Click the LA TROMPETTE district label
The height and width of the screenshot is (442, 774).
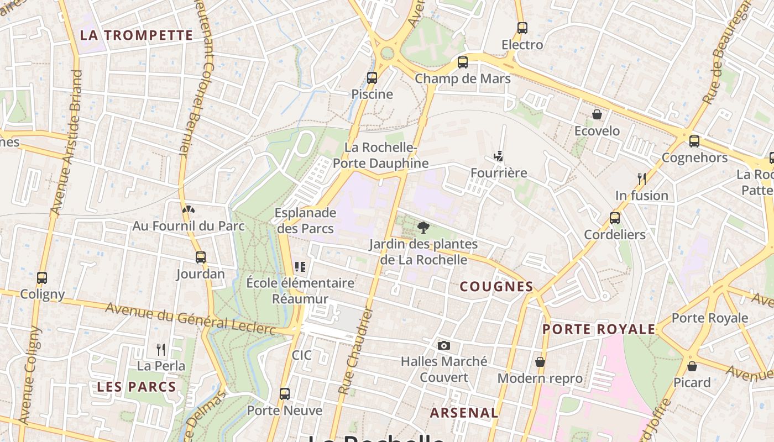pos(137,35)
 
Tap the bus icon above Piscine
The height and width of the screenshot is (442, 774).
pos(372,77)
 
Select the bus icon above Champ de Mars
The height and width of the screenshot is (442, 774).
pos(463,62)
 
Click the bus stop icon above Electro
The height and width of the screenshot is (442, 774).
pos(522,28)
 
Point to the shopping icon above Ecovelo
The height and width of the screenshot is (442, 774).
pos(597,114)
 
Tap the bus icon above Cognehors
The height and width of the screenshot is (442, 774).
pos(694,141)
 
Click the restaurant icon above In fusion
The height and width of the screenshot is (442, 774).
pos(641,178)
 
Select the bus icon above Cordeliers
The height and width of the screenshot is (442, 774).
pos(615,218)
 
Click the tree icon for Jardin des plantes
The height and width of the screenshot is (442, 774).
pos(423,227)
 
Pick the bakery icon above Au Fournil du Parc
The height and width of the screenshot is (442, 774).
pos(189,209)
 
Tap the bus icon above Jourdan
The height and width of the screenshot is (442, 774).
pos(200,257)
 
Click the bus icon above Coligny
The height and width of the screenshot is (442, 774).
pos(42,277)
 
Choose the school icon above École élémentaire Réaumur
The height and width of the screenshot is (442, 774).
pos(300,267)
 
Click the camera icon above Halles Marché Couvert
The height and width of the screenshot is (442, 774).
pos(443,345)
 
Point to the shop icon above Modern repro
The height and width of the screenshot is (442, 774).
pos(540,362)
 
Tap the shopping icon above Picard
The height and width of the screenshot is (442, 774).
pos(692,366)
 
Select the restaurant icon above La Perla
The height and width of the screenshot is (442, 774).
pos(161,349)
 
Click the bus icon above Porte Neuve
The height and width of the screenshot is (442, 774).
pos(285,394)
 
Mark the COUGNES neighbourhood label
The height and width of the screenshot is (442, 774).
pos(496,286)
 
